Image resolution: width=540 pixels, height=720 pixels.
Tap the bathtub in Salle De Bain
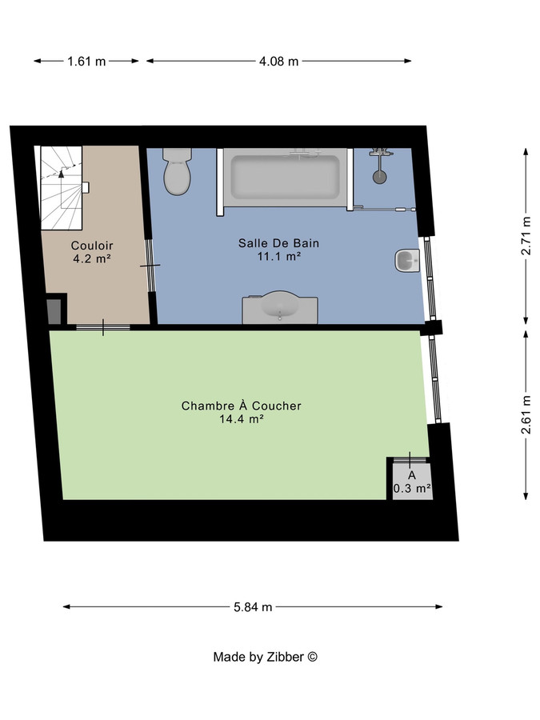(285, 177)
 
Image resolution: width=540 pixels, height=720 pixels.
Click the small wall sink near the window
(406, 261)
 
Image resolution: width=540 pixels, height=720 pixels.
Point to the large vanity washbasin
(280, 307)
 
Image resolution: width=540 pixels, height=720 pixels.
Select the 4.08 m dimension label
(279, 61)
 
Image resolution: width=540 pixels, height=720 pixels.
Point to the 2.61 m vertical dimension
(526, 415)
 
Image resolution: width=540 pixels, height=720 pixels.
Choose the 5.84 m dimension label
(253, 607)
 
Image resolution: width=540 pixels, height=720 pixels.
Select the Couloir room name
(92, 246)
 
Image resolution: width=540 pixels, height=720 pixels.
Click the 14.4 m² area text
(242, 418)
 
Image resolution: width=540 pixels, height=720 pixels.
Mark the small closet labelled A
(411, 481)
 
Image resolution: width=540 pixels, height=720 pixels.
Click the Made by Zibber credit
(266, 657)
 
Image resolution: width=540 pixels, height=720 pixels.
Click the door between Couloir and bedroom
(102, 326)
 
